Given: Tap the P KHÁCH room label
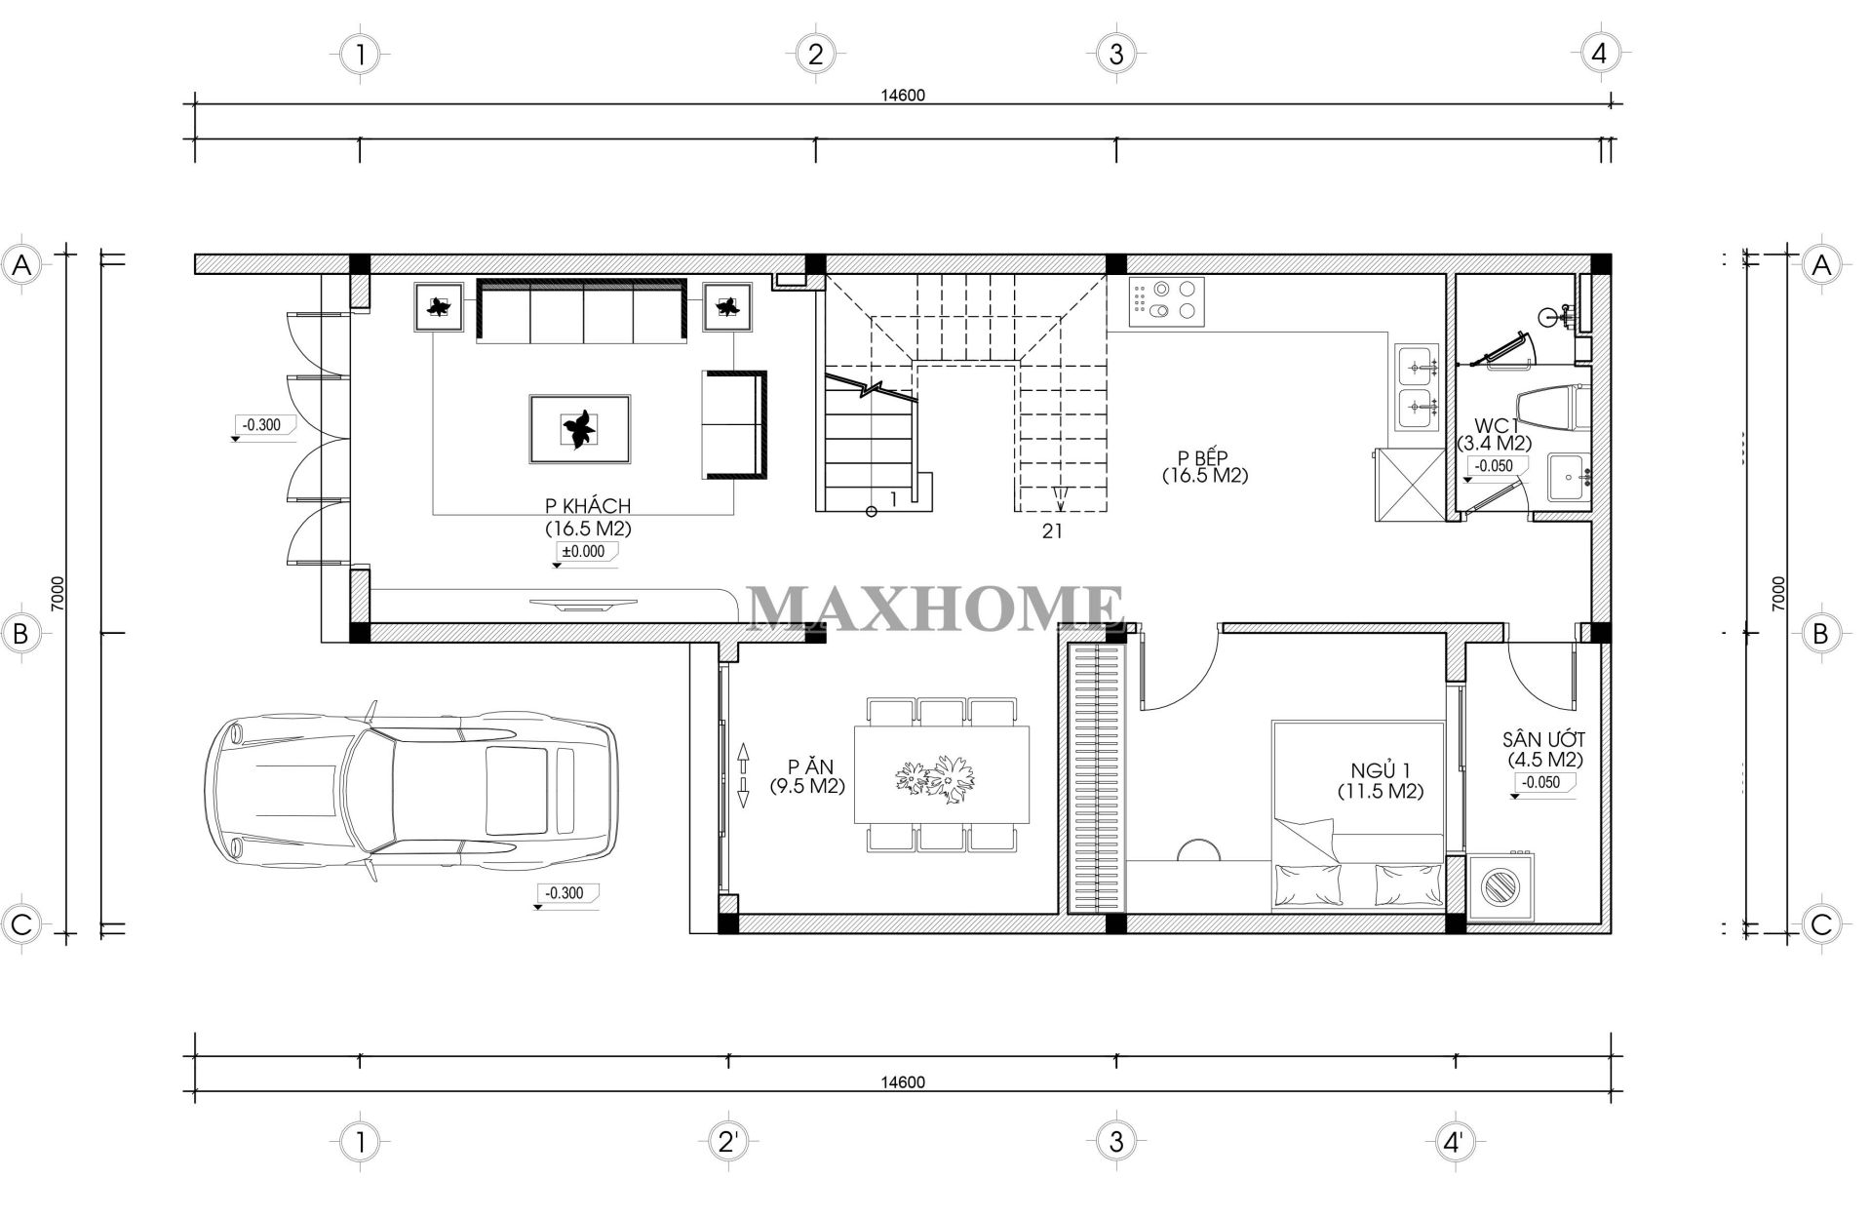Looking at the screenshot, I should pos(588,506).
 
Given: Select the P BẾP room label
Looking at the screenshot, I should pos(1205,458).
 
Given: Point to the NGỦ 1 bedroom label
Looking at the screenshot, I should pos(1380,771).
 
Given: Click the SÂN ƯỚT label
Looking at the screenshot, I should pos(1544,740).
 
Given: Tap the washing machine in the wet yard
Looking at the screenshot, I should pos(1500,886).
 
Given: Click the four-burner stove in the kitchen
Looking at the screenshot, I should pos(1166,301).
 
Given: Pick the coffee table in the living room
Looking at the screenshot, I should pos(580,429).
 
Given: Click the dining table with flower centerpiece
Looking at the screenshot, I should pos(942,774).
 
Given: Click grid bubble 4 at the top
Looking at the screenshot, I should pos(1599,54).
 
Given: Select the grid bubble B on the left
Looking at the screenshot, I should pos(20,633).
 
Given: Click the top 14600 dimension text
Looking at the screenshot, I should pos(902,96).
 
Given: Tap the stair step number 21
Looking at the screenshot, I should pos(1052,531).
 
